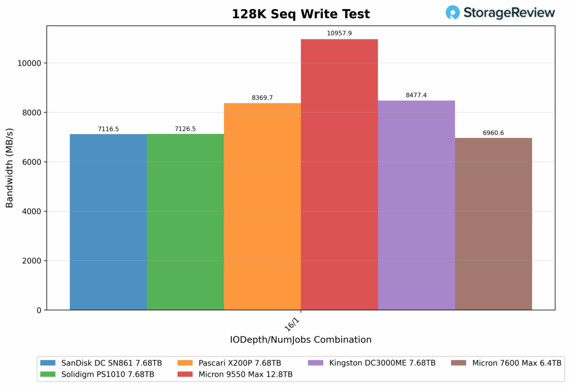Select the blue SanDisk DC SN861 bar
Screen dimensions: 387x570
(108, 222)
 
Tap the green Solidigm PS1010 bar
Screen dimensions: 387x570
(185, 222)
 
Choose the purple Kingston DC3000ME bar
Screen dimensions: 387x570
(416, 205)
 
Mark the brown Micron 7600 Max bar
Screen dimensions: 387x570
(493, 224)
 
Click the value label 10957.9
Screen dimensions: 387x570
(339, 34)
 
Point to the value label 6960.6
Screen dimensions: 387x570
(493, 133)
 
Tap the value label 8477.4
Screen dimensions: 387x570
(416, 95)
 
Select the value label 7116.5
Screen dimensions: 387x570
(108, 129)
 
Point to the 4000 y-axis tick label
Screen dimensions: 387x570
(33, 212)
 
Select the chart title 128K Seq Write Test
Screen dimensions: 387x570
(301, 14)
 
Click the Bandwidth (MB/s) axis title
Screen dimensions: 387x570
(9, 168)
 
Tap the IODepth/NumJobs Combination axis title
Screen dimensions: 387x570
(301, 340)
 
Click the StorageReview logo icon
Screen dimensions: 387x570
(453, 13)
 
